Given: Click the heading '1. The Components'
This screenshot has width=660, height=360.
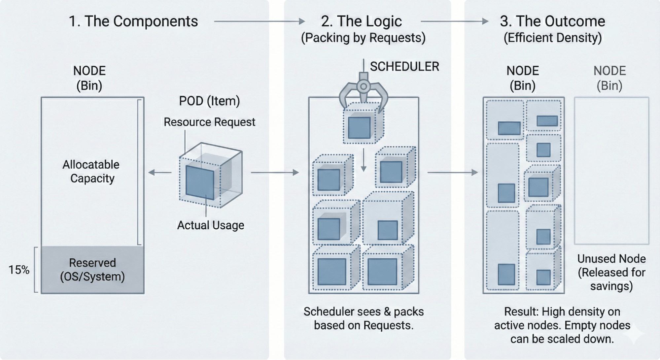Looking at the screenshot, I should click(x=133, y=21).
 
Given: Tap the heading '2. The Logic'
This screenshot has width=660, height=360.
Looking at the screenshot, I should click(x=361, y=21).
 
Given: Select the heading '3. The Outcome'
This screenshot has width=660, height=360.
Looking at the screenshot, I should click(x=552, y=21).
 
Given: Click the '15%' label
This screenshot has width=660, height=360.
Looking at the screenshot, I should click(x=19, y=270).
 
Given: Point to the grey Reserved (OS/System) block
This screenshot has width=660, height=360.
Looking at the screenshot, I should click(x=92, y=270).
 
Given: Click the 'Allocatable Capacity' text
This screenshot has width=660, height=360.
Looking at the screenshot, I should click(x=91, y=171).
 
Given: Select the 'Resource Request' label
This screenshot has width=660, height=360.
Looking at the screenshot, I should click(x=209, y=122).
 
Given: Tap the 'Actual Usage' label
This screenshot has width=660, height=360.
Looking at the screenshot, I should click(x=211, y=225).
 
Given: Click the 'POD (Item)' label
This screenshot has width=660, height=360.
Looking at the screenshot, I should click(x=209, y=101).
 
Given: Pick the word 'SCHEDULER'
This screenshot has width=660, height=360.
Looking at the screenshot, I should click(x=404, y=67).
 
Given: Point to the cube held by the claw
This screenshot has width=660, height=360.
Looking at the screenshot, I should click(x=362, y=125).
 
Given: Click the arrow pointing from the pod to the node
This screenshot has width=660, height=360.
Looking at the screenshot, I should click(x=160, y=172).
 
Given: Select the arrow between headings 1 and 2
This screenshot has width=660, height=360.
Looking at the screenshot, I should click(x=260, y=21).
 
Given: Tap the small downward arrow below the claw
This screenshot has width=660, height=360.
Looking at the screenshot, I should click(x=364, y=160).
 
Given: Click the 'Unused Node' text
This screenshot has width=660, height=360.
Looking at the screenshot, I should click(x=611, y=259).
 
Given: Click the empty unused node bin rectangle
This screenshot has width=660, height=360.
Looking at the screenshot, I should click(x=611, y=170).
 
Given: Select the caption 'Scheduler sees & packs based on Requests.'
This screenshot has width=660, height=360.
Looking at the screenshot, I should click(x=364, y=318).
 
